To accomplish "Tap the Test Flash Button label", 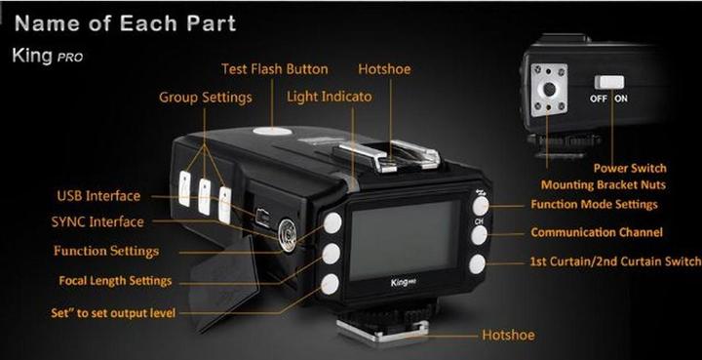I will click(274, 69).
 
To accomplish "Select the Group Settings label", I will click(205, 98).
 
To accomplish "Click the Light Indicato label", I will click(330, 98).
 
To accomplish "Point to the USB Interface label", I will click(97, 196).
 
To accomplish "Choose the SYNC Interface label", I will click(99, 222).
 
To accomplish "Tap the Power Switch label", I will click(629, 168).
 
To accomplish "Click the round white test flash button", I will click(271, 131).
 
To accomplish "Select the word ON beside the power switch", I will click(621, 100).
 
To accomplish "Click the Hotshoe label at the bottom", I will click(508, 336).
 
